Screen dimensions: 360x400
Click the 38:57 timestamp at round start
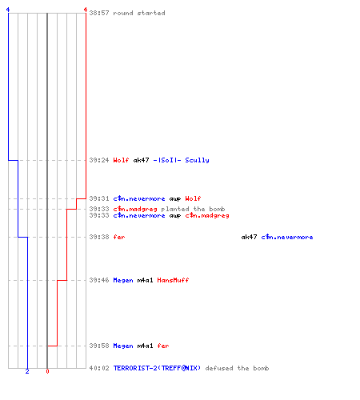[x=99, y=13]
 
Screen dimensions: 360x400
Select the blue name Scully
[x=197, y=160]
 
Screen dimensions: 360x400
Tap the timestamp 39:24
[x=99, y=160]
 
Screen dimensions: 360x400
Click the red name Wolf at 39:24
[x=121, y=160]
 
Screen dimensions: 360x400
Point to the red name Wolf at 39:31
[x=193, y=198]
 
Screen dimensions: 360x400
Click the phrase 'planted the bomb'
[x=193, y=209]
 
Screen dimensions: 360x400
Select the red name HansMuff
[x=173, y=280]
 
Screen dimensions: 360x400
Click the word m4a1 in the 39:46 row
[x=145, y=280]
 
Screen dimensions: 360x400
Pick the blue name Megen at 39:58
[x=123, y=346]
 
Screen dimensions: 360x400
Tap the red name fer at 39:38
[x=119, y=237]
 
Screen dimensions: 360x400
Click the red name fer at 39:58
[x=163, y=346]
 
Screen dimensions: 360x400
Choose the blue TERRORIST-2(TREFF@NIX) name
[x=157, y=368]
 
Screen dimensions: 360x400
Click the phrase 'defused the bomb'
[x=237, y=368]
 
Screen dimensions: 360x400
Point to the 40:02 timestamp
[x=99, y=368]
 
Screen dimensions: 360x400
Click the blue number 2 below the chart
[x=27, y=371]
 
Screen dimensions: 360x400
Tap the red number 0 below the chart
[x=47, y=371]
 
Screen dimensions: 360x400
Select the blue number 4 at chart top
[x=8, y=10]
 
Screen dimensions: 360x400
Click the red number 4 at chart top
[x=86, y=10]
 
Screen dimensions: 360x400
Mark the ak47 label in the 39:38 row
[x=249, y=237]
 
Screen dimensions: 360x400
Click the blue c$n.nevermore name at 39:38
[x=287, y=237]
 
